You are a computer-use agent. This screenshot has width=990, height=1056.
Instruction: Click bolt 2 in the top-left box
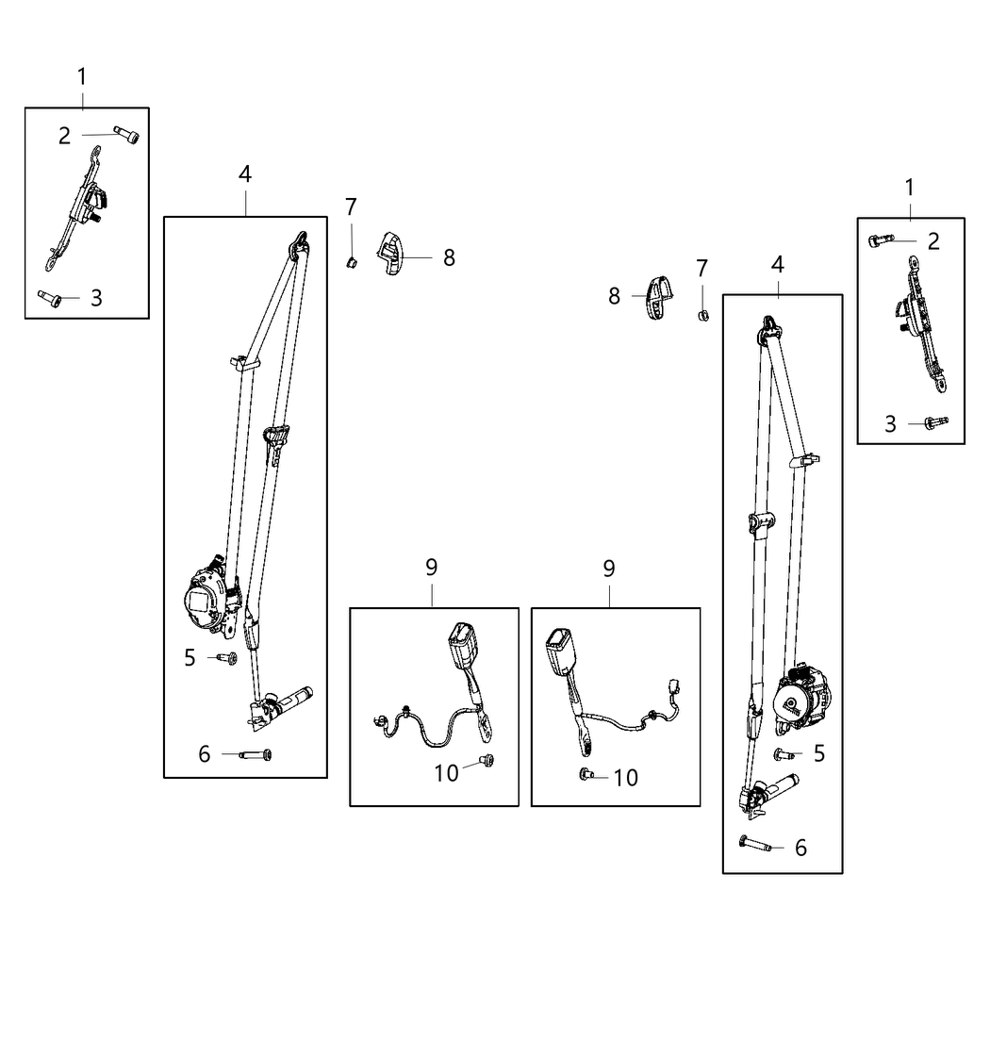coord(127,135)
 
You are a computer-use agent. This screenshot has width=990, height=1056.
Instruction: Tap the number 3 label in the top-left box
coord(96,298)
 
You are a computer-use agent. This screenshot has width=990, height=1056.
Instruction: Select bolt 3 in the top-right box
coord(935,422)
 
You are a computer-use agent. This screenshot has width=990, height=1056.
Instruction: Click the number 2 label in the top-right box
coord(933,241)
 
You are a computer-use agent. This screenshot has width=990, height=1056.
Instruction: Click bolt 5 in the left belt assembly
coord(227,658)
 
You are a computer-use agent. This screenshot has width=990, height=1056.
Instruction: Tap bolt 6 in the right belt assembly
coord(754,846)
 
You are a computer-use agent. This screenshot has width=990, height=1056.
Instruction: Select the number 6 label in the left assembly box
coord(204,754)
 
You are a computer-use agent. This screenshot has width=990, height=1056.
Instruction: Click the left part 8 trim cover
coord(390,254)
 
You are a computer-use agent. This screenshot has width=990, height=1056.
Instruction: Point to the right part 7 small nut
coord(702,313)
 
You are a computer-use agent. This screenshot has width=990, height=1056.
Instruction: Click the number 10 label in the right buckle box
coord(625,777)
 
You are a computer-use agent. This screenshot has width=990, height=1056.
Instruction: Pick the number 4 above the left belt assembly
coord(245,173)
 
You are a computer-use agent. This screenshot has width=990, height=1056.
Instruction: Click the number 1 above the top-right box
coord(909,187)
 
